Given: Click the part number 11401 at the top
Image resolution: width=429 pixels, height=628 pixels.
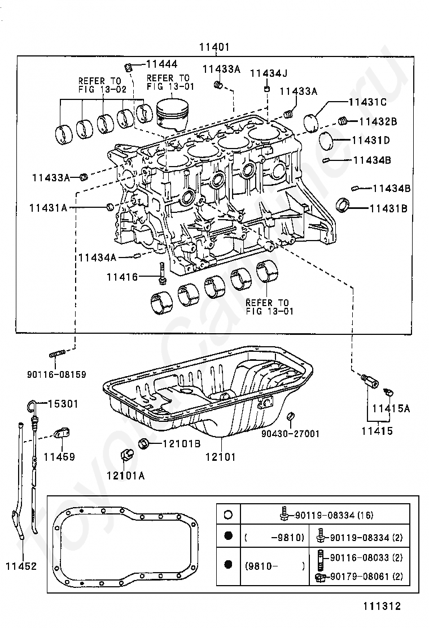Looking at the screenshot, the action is click(x=214, y=47).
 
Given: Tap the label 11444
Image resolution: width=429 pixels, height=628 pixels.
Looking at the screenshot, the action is click(x=161, y=64).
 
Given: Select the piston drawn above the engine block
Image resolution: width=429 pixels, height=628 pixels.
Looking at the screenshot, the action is click(x=172, y=114).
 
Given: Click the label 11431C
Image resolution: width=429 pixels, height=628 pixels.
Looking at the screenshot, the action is click(x=367, y=102).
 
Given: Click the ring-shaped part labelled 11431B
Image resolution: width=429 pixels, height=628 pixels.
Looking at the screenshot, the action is click(x=342, y=204).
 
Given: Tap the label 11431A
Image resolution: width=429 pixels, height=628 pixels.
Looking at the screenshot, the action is click(x=48, y=208).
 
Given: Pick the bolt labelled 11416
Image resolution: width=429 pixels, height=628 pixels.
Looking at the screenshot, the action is click(x=161, y=273).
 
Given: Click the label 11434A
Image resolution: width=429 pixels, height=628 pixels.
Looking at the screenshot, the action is click(x=97, y=258).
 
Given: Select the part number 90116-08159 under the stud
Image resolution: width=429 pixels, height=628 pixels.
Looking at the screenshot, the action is click(x=56, y=375).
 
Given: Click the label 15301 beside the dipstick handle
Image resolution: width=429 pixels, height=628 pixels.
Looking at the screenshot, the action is click(x=63, y=404).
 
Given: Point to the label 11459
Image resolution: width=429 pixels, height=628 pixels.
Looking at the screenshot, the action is click(x=59, y=456).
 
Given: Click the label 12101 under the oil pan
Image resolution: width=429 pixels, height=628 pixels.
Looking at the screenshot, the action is click(x=221, y=456).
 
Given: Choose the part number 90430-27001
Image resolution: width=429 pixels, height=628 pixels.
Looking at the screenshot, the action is click(x=291, y=434).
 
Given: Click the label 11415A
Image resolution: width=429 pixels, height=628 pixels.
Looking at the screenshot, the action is click(x=391, y=408).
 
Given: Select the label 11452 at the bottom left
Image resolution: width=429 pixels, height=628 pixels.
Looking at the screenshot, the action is click(x=21, y=566).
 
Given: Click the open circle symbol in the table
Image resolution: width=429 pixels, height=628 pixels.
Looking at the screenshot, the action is click(x=228, y=514).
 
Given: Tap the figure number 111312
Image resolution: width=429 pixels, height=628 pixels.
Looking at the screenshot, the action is click(x=382, y=606).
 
